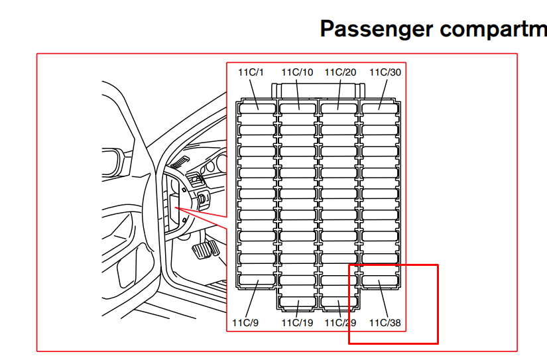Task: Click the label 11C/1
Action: click(x=251, y=72)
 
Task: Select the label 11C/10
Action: click(x=297, y=72)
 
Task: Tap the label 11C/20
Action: click(x=340, y=72)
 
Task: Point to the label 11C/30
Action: click(x=385, y=72)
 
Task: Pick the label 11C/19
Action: click(x=297, y=323)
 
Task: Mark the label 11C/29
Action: click(x=340, y=323)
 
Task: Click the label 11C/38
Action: click(x=385, y=323)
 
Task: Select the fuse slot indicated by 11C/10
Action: click(x=298, y=105)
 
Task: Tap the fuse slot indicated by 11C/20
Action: click(x=339, y=105)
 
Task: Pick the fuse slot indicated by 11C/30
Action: click(x=379, y=105)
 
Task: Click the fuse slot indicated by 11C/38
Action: click(x=379, y=281)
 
